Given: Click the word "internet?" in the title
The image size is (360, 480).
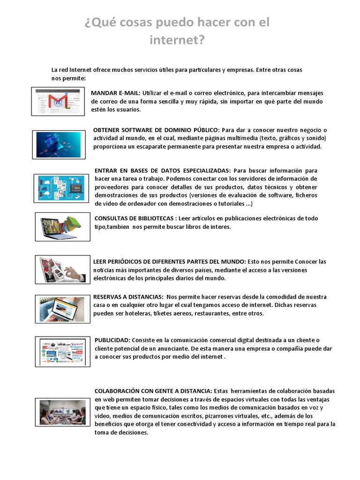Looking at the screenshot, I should pyautogui.click(x=177, y=41).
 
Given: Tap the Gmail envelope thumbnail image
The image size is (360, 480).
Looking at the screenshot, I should pyautogui.click(x=58, y=101).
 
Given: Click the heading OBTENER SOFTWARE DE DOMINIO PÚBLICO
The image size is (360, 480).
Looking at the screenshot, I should pyautogui.click(x=156, y=129).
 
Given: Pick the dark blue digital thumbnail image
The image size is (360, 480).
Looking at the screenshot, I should pyautogui.click(x=59, y=144).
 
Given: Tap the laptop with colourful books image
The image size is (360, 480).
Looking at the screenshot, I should pyautogui.click(x=62, y=226).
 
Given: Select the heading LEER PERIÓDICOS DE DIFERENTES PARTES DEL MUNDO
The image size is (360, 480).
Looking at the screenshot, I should pyautogui.click(x=169, y=261).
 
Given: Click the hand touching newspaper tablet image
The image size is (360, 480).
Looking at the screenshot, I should pyautogui.click(x=62, y=270).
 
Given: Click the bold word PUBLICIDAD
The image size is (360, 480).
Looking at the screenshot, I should pyautogui.click(x=112, y=340).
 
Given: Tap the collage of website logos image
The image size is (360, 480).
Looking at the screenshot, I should pyautogui.click(x=62, y=352).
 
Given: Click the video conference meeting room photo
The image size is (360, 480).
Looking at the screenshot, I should pyautogui.click(x=62, y=412).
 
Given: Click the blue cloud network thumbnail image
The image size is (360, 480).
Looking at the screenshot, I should pyautogui.click(x=61, y=188).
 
